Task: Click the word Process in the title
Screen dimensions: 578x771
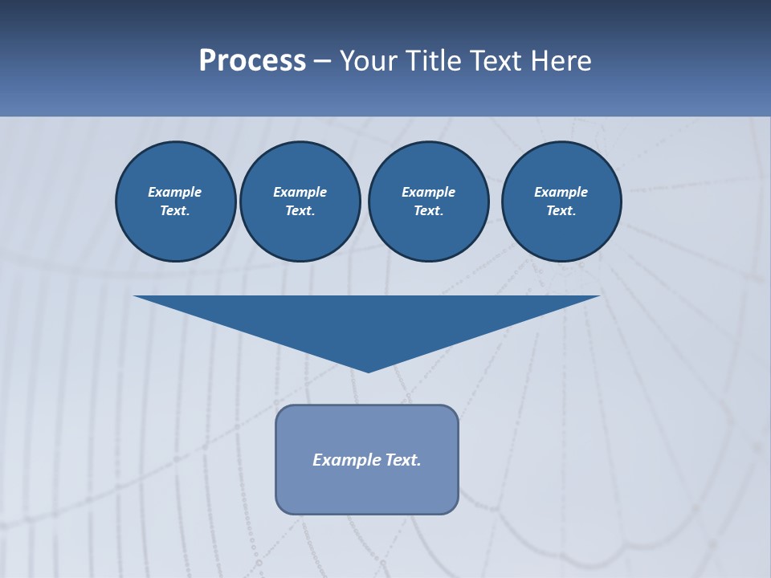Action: coord(252,61)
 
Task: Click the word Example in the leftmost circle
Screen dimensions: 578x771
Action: coord(175,192)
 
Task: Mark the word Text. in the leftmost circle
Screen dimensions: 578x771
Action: coord(175,210)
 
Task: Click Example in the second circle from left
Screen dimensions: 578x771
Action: coord(300,192)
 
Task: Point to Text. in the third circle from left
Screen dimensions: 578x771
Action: coord(428,210)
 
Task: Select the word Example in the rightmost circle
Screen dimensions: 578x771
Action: coord(561,192)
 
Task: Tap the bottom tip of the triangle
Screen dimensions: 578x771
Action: coord(368,370)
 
